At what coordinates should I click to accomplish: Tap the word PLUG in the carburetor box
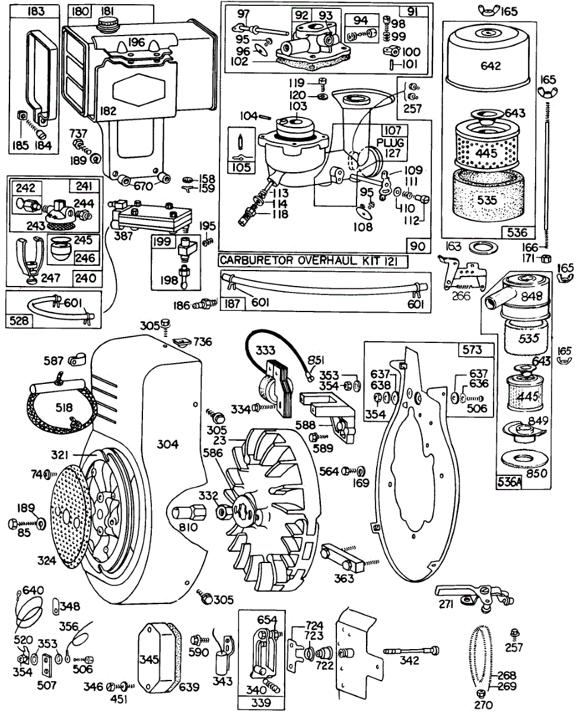click(x=391, y=143)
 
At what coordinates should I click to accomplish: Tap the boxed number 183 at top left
click(x=22, y=11)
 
